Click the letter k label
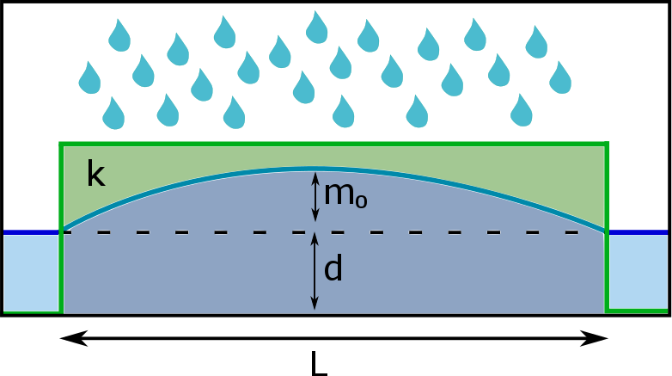click(95, 175)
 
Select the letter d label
click(333, 269)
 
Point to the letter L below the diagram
click(319, 364)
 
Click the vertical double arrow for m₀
click(315, 197)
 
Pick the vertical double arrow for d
click(315, 272)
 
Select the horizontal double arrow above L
click(334, 339)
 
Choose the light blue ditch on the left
click(31, 273)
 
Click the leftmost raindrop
click(89, 77)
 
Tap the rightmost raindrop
click(560, 77)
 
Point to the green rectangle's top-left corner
click(60, 144)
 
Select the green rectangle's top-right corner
click(607, 144)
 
